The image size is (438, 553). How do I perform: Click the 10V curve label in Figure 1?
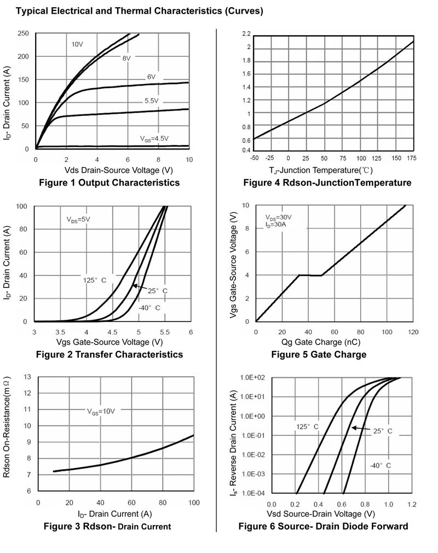pos(77,44)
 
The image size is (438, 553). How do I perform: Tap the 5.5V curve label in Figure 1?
pos(152,101)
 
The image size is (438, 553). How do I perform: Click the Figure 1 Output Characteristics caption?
pos(109,182)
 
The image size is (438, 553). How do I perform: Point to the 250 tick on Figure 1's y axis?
pos(23,34)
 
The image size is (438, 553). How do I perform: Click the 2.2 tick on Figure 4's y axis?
pos(246,34)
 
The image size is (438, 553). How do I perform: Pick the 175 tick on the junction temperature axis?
pos(412,158)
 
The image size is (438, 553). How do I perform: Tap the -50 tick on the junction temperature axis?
pos(254,158)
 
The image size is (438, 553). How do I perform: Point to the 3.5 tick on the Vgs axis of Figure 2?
pos(60,332)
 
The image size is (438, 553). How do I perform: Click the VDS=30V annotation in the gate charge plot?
pos(278,217)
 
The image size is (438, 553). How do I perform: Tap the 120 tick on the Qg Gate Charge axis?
pos(413,332)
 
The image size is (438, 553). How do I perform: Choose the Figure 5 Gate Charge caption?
pos(319,354)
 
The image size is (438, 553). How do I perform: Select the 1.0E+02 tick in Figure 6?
pos(252,378)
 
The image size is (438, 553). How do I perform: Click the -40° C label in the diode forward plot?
pos(380,465)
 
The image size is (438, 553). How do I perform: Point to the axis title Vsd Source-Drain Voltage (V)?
pos(321,514)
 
